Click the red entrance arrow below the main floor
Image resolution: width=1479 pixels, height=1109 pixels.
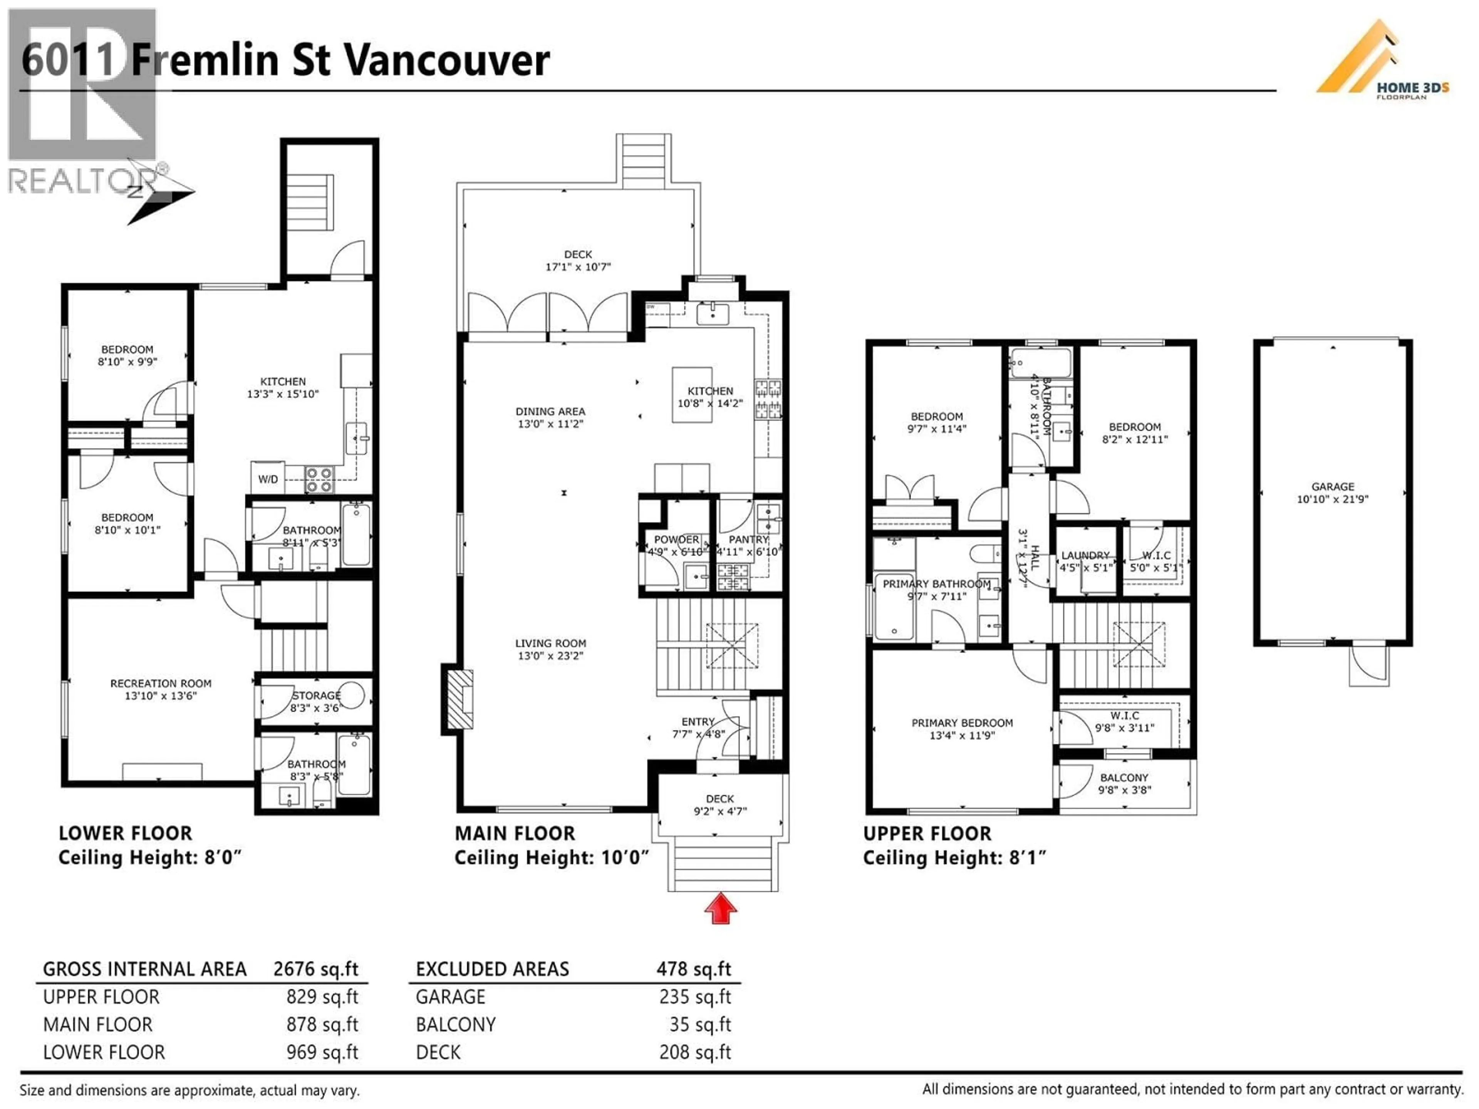[x=720, y=910]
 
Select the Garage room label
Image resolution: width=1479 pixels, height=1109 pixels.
[x=1333, y=487]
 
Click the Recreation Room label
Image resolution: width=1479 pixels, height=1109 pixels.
[x=161, y=683]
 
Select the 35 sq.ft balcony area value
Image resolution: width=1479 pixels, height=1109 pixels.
[x=700, y=1024]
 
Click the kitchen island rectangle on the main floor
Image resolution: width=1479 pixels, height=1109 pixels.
[x=691, y=394]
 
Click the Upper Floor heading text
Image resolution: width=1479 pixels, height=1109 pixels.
[x=927, y=834]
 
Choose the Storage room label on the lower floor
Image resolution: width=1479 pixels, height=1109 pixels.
[x=316, y=695]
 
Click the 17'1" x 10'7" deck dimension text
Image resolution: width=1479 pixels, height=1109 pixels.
[x=578, y=267]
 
